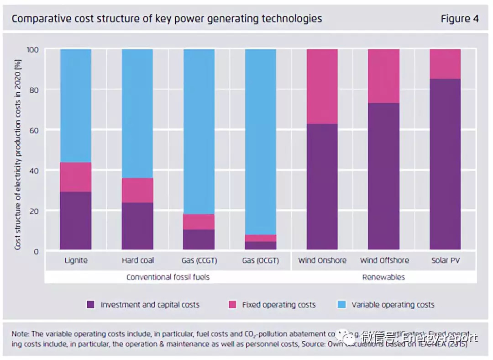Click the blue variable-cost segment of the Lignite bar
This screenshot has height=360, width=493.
coord(76,105)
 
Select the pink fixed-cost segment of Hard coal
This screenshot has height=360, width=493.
coord(137,190)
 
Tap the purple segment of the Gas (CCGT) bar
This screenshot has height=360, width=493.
coord(199,239)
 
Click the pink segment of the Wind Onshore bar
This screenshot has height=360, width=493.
coord(322,86)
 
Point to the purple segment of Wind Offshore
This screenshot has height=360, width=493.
coord(384,176)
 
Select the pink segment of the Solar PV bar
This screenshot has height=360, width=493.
coord(445,64)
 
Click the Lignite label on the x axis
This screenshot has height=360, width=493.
coord(76,260)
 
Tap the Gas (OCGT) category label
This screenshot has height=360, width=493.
coord(261,260)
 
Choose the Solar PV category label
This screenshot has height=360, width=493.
coord(445,260)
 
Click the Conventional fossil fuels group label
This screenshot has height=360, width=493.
coord(168,277)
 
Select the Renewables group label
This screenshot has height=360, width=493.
coord(383,277)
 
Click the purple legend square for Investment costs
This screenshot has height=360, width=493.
coord(90,304)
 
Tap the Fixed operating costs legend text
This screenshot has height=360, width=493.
coord(279,304)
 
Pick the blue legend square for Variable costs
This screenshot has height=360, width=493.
coord(341,304)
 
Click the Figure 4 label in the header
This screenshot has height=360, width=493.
coord(460,19)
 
